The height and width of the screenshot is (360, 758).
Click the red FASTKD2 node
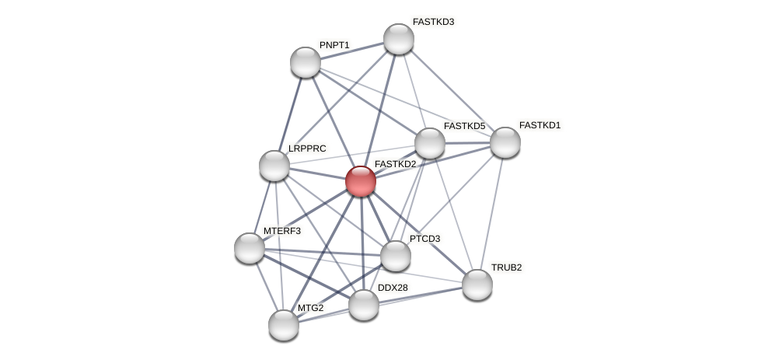(361, 181)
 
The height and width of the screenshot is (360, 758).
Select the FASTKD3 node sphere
(399, 39)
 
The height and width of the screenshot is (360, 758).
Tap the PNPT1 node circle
(306, 62)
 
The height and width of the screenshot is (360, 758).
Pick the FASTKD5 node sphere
(430, 143)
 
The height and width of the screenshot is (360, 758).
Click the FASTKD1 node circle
(505, 142)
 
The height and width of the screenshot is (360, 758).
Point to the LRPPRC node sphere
(274, 165)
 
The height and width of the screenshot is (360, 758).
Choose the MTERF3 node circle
(250, 247)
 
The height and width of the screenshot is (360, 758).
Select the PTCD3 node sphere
(396, 255)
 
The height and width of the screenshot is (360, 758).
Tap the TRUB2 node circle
(477, 284)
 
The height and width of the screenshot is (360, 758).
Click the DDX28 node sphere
(363, 304)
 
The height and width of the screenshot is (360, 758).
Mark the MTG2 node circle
(284, 324)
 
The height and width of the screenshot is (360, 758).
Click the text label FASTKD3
(433, 22)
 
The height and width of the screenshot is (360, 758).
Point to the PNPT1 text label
(334, 45)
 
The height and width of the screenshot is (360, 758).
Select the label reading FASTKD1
(540, 125)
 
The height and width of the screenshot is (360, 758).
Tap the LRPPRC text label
(307, 148)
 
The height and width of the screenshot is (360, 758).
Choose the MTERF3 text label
(281, 231)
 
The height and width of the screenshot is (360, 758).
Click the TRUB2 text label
(506, 267)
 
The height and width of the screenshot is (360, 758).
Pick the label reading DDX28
(393, 288)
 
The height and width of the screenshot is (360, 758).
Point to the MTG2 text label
(310, 308)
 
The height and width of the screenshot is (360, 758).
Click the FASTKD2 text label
(396, 164)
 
